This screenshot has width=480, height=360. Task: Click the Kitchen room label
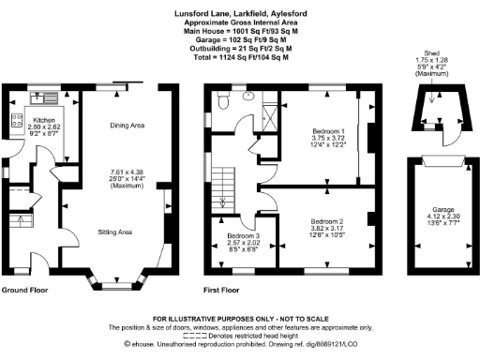(x=44, y=120)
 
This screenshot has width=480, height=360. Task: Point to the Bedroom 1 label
(x=328, y=130)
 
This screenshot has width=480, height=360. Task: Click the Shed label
(x=432, y=54)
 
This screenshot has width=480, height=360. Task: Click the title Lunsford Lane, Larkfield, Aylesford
(x=240, y=14)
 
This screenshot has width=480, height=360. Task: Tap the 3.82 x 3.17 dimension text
(x=328, y=228)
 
